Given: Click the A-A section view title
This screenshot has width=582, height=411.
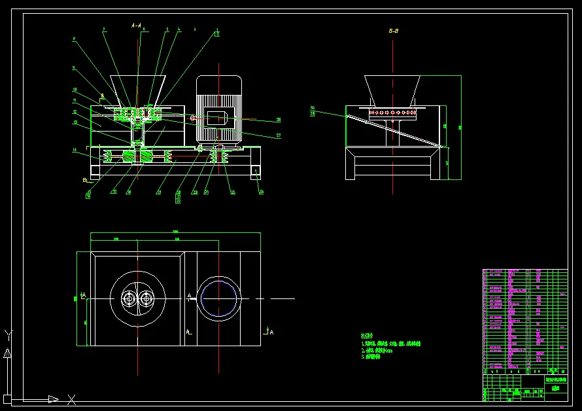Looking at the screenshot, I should pyautogui.click(x=137, y=25).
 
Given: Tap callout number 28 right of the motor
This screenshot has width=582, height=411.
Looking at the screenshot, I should pyautogui.click(x=278, y=120).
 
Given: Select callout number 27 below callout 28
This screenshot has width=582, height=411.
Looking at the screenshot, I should pyautogui.click(x=278, y=135).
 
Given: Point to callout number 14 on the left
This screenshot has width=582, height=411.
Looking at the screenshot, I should pyautogui.click(x=75, y=151).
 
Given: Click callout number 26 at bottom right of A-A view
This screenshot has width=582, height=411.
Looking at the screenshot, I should pyautogui.click(x=261, y=192).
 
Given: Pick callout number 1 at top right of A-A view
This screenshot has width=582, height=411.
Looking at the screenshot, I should pyautogui.click(x=218, y=30).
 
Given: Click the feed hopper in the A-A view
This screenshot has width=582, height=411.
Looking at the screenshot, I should pyautogui.click(x=137, y=89).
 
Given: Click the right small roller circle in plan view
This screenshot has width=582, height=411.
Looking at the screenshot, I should pyautogui.click(x=146, y=298).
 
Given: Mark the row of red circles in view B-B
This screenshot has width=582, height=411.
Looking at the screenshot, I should pyautogui.click(x=393, y=113).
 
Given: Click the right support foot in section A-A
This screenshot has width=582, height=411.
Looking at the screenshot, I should pyautogui.click(x=255, y=172).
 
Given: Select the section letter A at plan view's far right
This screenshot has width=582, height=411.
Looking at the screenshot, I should pyautogui.click(x=271, y=332).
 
